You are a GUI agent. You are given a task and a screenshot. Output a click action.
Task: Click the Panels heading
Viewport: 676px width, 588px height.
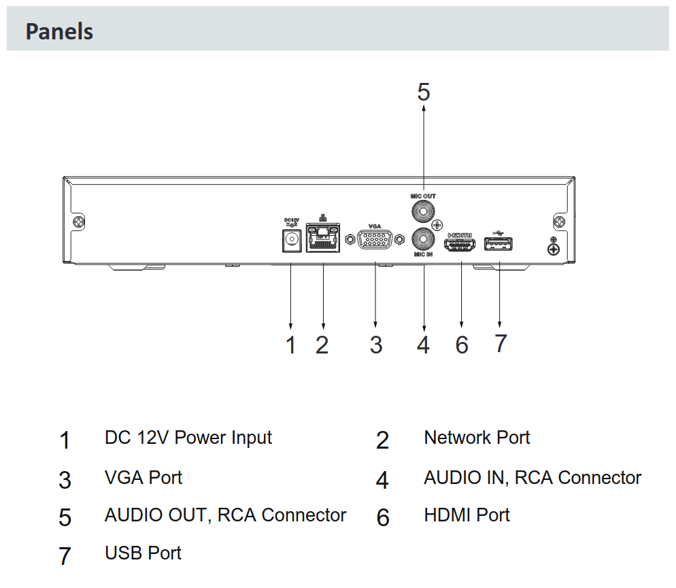coord(59,31)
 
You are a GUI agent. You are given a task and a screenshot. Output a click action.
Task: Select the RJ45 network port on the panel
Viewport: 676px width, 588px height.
coord(323,237)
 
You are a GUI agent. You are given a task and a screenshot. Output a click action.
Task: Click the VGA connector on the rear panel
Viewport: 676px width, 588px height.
coord(375,239)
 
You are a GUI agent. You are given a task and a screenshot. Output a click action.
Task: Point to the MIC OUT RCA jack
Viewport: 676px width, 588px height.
coord(423,211)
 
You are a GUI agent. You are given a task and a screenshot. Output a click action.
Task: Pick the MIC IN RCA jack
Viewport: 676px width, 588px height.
coord(423,239)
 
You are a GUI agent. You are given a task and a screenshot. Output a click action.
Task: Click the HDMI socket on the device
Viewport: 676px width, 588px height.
coord(460,245)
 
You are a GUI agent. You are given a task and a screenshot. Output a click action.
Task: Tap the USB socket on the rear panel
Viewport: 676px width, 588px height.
coord(498,244)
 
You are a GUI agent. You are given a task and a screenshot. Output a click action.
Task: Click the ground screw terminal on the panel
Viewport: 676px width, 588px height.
coord(554,249)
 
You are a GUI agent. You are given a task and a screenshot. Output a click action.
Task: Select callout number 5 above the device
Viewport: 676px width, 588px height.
coord(424,92)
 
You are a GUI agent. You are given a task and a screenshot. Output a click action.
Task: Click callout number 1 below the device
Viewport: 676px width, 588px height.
coord(291,345)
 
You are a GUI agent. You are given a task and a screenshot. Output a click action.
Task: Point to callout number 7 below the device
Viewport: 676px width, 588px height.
coord(501,343)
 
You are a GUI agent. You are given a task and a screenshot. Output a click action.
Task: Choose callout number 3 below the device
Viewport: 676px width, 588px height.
coord(376,345)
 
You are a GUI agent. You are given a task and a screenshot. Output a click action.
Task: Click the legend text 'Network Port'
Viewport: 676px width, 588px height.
coord(477,438)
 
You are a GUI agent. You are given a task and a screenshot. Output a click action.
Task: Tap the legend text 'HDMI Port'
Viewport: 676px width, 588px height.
coord(467,515)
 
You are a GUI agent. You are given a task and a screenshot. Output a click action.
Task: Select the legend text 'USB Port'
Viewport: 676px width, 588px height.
coord(143,553)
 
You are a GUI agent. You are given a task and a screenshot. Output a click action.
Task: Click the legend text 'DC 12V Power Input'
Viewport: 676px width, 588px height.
coord(188,438)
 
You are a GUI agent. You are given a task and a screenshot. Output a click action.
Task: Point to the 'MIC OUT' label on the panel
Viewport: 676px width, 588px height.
coord(423,196)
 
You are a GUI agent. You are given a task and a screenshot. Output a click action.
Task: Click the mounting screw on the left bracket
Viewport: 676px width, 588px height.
coord(80,222)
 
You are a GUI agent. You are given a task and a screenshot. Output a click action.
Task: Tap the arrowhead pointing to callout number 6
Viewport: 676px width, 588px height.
coord(461,324)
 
